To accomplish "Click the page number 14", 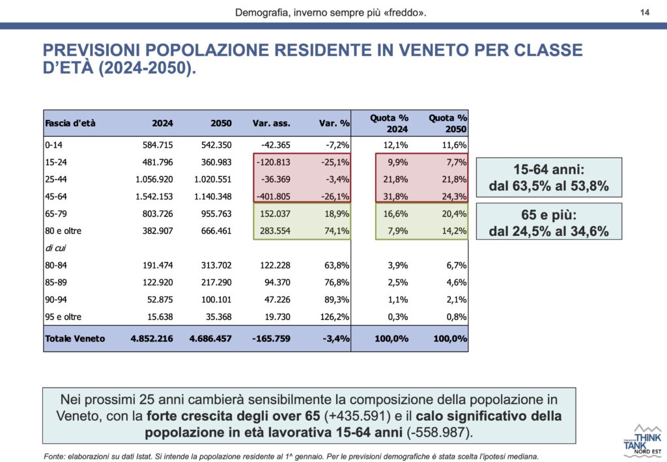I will point(645,12).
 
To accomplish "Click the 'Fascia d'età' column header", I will point(70,123).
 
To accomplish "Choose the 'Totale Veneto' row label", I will point(74,339).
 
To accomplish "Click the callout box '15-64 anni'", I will point(548,177).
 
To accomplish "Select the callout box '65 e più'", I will point(548,222).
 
